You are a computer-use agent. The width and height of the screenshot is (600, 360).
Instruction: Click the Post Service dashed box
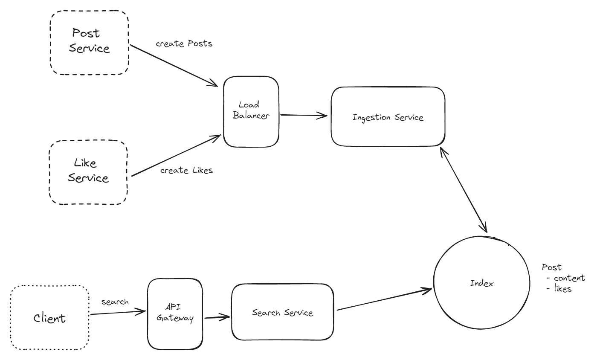pyautogui.click(x=89, y=43)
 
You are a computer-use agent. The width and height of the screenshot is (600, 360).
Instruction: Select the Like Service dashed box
pyautogui.click(x=88, y=172)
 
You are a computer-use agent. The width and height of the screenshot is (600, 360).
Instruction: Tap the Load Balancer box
pyautogui.click(x=251, y=111)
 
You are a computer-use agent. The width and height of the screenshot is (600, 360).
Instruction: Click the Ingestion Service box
pyautogui.click(x=388, y=117)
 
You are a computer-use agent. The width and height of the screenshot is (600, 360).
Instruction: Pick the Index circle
pyautogui.click(x=481, y=283)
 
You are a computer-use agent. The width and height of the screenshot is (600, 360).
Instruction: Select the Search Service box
pyautogui.click(x=282, y=312)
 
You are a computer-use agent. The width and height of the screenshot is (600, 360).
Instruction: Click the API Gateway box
pyautogui.click(x=175, y=314)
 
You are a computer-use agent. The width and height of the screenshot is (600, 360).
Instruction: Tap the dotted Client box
pyautogui.click(x=49, y=318)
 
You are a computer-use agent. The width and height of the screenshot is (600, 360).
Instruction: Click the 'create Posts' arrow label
pyautogui.click(x=184, y=44)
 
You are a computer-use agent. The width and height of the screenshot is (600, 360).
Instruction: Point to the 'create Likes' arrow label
pyautogui.click(x=186, y=171)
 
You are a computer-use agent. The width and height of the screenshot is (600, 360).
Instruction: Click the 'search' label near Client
pyautogui.click(x=115, y=302)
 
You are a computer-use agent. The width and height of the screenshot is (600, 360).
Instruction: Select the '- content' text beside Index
pyautogui.click(x=566, y=278)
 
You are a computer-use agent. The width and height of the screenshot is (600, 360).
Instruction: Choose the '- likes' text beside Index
pyautogui.click(x=559, y=289)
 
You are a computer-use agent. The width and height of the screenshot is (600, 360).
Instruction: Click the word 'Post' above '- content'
pyautogui.click(x=551, y=267)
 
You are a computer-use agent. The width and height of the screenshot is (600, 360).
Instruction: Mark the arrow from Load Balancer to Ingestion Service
pyautogui.click(x=304, y=115)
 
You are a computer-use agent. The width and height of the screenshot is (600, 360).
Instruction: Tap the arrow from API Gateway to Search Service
pyautogui.click(x=217, y=317)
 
